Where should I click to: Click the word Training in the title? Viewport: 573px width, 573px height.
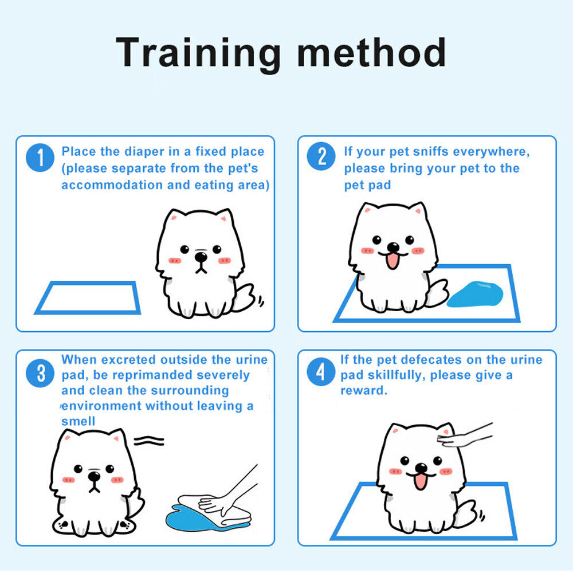198,53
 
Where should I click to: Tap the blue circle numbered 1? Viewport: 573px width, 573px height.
40,158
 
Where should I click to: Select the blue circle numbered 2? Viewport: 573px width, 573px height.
321,156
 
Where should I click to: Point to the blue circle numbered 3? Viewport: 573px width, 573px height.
40,373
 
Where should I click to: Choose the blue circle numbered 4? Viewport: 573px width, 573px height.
321,372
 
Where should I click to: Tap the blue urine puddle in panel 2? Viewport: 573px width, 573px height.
475,294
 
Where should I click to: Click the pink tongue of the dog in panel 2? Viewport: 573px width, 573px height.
393,261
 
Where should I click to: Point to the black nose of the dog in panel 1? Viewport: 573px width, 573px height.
201,257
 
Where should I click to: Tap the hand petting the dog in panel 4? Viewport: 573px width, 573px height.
464,436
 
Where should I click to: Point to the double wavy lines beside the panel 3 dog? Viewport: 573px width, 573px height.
149,441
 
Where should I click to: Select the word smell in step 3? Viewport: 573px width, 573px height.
78,421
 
